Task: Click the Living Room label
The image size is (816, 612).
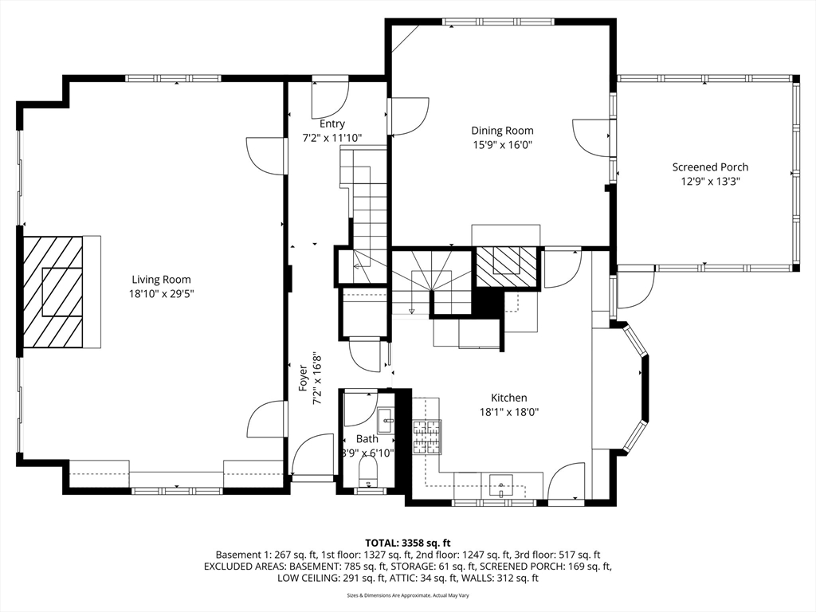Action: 161,280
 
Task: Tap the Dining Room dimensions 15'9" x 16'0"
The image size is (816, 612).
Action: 502,145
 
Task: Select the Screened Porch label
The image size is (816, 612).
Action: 710,167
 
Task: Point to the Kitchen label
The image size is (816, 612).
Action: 509,398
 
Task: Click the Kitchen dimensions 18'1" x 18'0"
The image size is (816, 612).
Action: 509,413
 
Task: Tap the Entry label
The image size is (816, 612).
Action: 332,124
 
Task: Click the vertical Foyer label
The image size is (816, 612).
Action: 303,379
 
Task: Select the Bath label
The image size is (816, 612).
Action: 367,439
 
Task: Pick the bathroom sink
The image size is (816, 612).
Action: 385,420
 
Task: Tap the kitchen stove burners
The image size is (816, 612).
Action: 427,437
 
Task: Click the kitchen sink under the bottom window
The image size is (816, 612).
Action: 500,486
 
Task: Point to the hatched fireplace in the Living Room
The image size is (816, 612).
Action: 52,292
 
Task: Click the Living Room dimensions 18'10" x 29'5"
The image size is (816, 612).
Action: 161,294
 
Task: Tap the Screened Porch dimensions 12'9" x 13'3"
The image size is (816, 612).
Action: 710,182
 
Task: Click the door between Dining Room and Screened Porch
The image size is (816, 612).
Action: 591,135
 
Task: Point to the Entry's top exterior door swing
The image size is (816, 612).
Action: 330,99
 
